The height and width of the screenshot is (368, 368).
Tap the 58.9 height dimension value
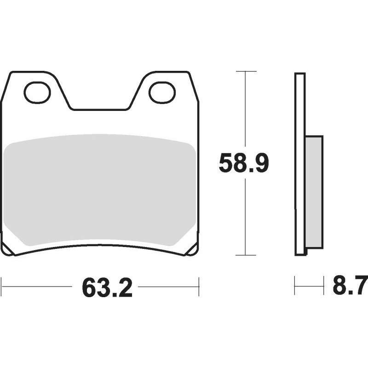(244, 163)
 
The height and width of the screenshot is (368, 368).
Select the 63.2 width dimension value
(107, 287)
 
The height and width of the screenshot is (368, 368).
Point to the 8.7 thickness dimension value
(350, 286)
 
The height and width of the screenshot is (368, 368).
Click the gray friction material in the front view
(100, 190)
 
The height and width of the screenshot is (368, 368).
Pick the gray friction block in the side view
(314, 192)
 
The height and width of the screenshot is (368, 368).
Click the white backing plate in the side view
(300, 164)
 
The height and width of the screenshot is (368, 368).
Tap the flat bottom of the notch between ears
(100, 109)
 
